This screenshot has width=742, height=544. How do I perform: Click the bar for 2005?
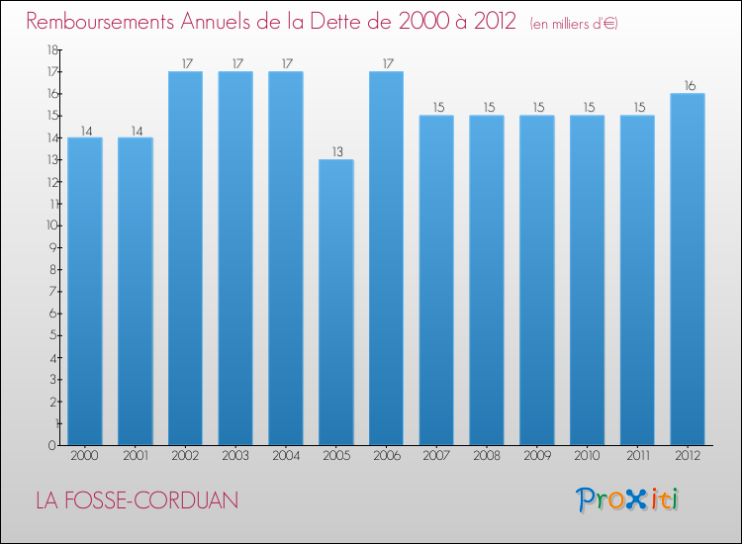pos(336,302)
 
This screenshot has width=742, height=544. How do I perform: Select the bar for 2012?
pos(688,269)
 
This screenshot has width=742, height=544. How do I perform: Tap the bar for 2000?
pos(85,291)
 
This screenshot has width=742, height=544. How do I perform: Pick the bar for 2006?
pos(386,257)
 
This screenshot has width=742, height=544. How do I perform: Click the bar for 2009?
pos(536,280)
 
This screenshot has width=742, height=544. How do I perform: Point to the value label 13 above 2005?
pos(336,152)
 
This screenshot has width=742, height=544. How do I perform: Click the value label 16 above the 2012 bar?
pos(688,86)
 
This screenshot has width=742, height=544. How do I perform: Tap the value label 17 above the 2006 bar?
pos(386,64)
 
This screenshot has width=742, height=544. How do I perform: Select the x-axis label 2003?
pos(235,456)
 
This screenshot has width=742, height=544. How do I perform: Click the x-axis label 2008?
pos(487,456)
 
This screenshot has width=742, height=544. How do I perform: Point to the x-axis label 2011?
pos(637,456)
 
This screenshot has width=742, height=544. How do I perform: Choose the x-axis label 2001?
pos(136,456)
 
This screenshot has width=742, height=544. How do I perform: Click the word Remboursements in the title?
pos(106,22)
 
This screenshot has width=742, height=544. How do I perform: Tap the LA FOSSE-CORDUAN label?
pos(137,500)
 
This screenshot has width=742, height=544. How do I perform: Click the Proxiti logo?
pos(627,499)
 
